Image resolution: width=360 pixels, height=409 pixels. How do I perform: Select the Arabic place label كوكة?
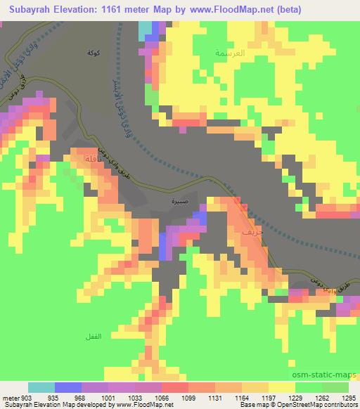point(89,53)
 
